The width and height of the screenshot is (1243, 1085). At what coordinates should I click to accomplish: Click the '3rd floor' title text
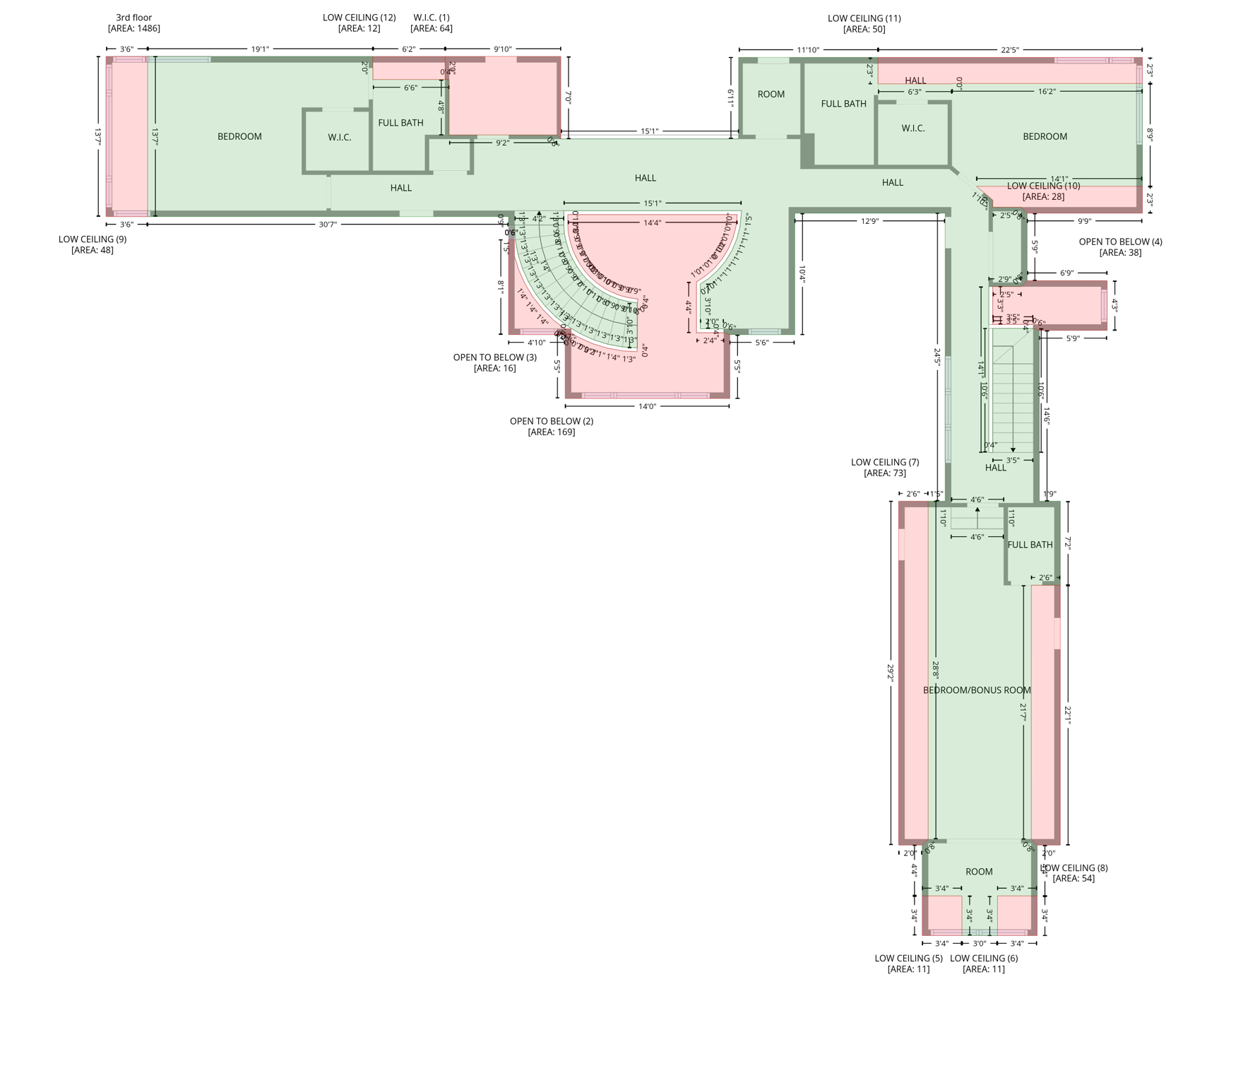pyautogui.click(x=133, y=18)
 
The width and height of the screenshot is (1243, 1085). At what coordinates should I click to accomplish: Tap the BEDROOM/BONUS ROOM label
pyautogui.click(x=977, y=690)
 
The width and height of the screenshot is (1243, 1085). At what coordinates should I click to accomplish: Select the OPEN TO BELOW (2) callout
pyautogui.click(x=551, y=422)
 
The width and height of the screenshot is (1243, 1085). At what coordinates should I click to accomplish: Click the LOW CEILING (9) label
pyautogui.click(x=93, y=239)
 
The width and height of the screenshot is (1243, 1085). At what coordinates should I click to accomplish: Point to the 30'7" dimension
pyautogui.click(x=328, y=225)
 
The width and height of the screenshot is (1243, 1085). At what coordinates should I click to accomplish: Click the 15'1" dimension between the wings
pyautogui.click(x=649, y=131)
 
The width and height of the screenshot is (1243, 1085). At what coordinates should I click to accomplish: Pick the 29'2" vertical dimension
pyautogui.click(x=891, y=672)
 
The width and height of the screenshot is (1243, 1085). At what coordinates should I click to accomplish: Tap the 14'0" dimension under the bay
pyautogui.click(x=647, y=407)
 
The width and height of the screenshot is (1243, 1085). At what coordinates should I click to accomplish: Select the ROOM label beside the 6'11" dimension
pyautogui.click(x=771, y=95)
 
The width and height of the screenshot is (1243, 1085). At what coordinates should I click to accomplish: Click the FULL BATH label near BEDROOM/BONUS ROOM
pyautogui.click(x=1030, y=545)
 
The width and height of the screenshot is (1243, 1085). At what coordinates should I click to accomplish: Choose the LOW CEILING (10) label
pyautogui.click(x=1043, y=186)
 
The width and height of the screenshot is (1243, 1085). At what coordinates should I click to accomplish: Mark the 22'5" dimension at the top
pyautogui.click(x=1009, y=50)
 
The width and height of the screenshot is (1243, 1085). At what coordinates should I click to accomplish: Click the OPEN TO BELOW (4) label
pyautogui.click(x=1120, y=242)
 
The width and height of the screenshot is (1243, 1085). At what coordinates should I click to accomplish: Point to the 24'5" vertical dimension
pyautogui.click(x=937, y=356)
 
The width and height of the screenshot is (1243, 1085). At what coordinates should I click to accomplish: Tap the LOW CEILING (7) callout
pyautogui.click(x=885, y=463)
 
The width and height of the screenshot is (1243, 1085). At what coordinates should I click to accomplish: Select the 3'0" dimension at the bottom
pyautogui.click(x=979, y=944)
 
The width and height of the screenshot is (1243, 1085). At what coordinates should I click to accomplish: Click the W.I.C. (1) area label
pyautogui.click(x=431, y=18)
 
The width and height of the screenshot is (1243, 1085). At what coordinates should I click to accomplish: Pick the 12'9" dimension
pyautogui.click(x=869, y=221)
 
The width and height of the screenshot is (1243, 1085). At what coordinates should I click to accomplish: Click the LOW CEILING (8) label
pyautogui.click(x=1074, y=868)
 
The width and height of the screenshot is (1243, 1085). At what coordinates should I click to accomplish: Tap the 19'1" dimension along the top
pyautogui.click(x=260, y=49)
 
